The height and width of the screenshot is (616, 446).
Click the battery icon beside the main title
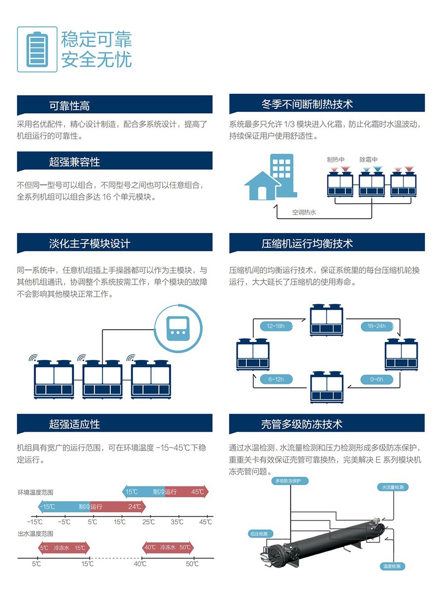point(37,49)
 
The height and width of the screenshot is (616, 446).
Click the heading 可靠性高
point(69,106)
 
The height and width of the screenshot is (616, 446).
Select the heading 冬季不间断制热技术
point(307,105)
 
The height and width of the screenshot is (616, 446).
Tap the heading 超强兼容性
point(74,162)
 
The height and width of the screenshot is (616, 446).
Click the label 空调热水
point(304,213)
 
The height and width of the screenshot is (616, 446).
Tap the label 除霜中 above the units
point(368,160)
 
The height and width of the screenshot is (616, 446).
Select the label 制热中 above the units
point(335,160)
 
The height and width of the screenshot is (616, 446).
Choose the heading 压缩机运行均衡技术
point(307,244)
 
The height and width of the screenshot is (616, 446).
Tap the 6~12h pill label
point(276,380)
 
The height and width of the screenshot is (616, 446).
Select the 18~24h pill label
point(377,326)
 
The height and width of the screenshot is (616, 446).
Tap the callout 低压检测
point(259,534)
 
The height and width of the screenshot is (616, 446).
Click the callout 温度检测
point(391,566)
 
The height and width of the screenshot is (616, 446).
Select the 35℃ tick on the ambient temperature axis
point(177,522)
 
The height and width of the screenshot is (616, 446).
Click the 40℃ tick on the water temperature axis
point(140,564)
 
